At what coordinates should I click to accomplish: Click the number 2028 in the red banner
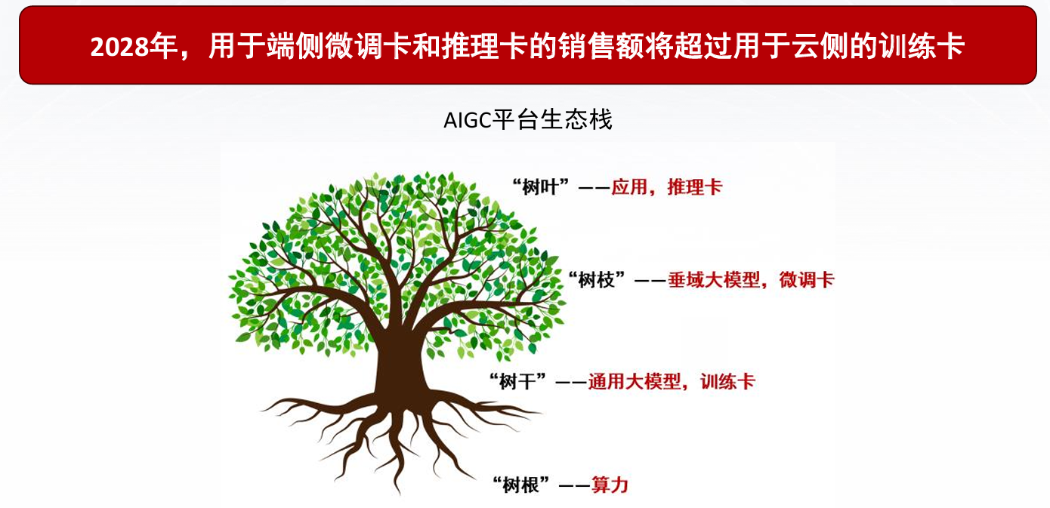[x=119, y=47]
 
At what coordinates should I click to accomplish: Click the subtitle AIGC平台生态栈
[x=528, y=120]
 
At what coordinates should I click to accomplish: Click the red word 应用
[x=629, y=186]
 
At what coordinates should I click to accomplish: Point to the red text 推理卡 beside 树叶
[x=695, y=186]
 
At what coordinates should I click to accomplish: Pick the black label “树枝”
[x=596, y=280]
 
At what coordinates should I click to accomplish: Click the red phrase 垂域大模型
[x=713, y=280]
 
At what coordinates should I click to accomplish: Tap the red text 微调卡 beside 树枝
[x=807, y=280]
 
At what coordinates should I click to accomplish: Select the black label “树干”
[x=517, y=382]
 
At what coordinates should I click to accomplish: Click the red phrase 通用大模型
[x=635, y=382]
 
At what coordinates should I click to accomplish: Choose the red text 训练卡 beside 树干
[x=727, y=382]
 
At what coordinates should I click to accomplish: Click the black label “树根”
[x=521, y=485]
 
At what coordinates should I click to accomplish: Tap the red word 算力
[x=610, y=485]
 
